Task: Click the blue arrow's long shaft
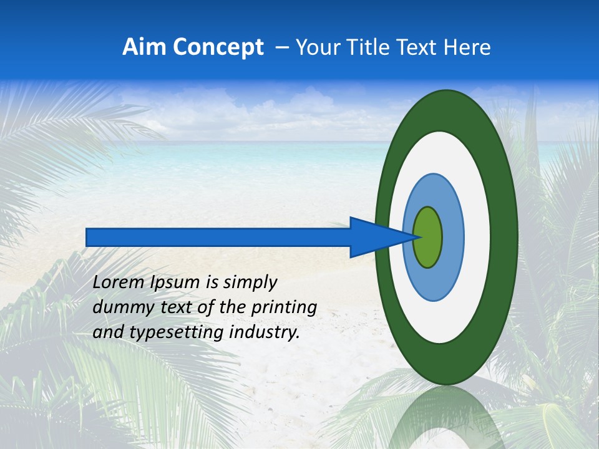[218, 238]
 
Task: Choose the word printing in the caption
[284, 308]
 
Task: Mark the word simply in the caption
[250, 283]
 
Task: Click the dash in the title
[282, 48]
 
